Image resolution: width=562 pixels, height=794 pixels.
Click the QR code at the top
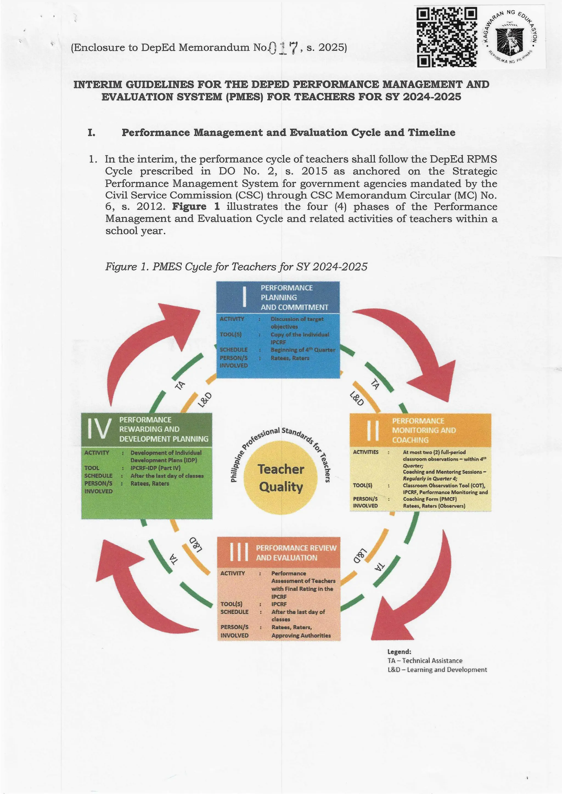point(447,37)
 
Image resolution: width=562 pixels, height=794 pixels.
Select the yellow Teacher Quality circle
point(281,478)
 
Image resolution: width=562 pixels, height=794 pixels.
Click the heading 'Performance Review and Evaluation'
point(296,552)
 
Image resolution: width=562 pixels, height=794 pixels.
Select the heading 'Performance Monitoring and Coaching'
point(424,430)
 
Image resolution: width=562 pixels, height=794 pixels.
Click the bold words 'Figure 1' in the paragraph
point(196,207)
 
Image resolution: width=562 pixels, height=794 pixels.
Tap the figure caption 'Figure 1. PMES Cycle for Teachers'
point(236,266)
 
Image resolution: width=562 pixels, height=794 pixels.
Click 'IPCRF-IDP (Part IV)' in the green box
point(155,468)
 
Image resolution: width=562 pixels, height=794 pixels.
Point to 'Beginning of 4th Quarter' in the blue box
point(303,350)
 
